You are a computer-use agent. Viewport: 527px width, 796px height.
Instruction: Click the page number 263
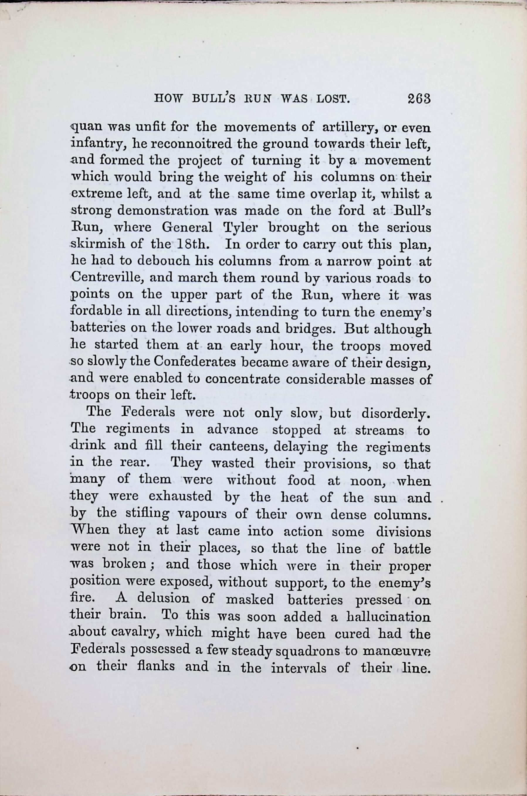point(419,99)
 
